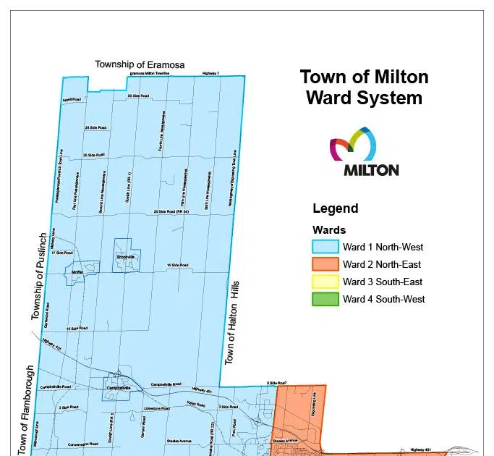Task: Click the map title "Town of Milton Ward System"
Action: [364, 87]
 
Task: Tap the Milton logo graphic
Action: [364, 151]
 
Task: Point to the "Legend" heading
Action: [335, 208]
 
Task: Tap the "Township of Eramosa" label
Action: [140, 64]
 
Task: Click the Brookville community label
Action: [124, 257]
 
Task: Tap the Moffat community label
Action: [78, 272]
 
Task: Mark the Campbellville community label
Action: [118, 388]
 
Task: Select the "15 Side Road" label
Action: [177, 266]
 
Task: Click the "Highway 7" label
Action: [210, 73]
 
